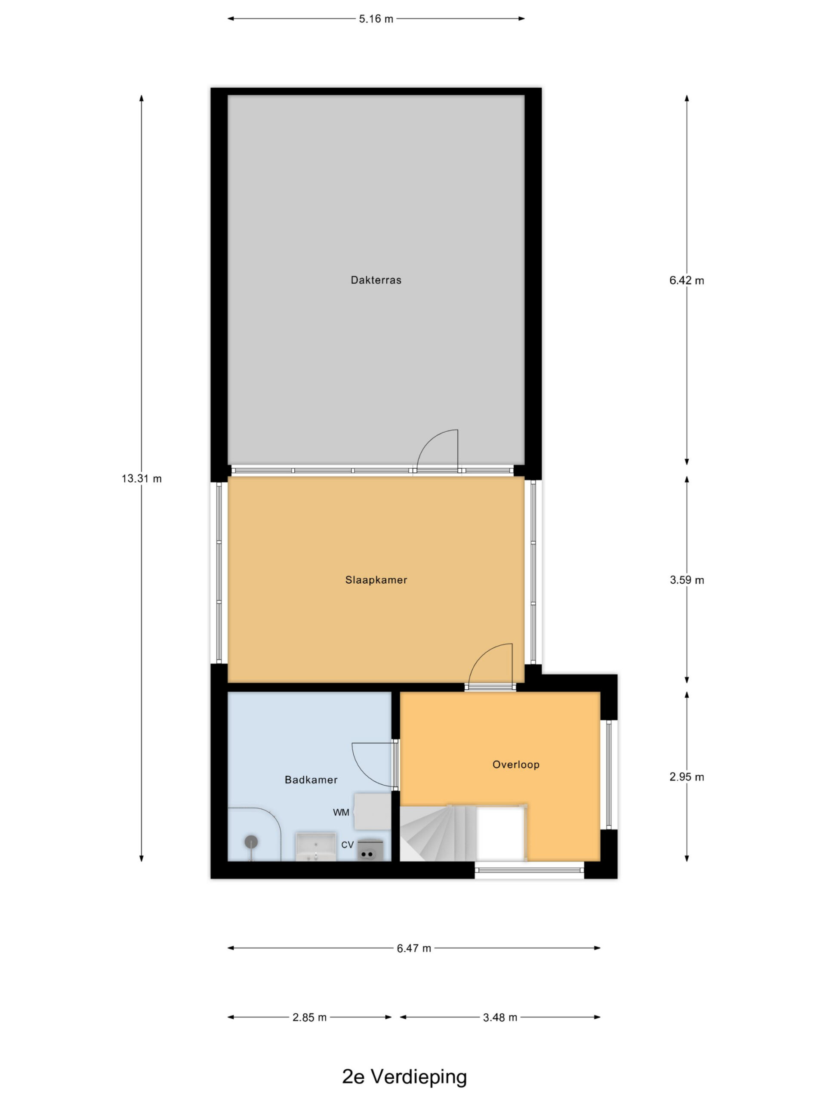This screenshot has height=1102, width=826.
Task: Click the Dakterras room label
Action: tap(376, 280)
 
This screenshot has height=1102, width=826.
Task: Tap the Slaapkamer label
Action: tap(376, 580)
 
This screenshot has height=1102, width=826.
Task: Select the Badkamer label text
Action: tap(311, 780)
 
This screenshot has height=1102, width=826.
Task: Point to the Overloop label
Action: tap(516, 764)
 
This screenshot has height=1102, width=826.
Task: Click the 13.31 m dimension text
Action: tap(142, 479)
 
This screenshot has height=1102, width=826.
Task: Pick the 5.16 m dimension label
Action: tap(376, 19)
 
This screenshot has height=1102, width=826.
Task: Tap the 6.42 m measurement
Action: tap(687, 281)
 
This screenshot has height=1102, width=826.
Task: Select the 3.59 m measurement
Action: tap(687, 580)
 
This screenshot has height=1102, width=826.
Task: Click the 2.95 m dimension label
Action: tap(687, 777)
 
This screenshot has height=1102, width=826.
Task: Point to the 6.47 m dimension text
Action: tap(414, 948)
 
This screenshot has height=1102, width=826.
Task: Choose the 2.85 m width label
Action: tap(309, 1017)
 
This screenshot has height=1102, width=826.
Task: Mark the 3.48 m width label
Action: tap(500, 1017)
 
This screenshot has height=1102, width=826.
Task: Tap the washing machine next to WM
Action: tap(372, 811)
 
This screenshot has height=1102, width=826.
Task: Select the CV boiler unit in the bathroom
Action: tap(370, 849)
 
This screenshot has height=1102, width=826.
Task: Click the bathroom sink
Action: tap(316, 846)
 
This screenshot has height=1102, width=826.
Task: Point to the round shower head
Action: tap(251, 842)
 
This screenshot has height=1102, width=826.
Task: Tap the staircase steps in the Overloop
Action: tap(438, 833)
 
